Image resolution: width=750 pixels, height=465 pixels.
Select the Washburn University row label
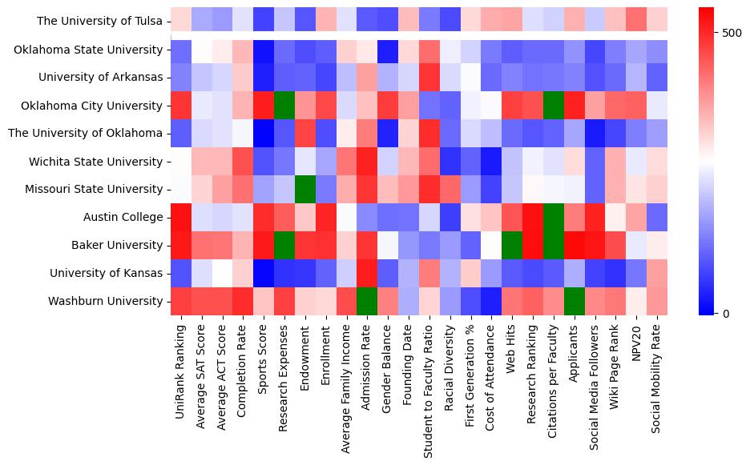(109, 302)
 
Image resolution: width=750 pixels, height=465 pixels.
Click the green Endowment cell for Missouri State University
(305, 190)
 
